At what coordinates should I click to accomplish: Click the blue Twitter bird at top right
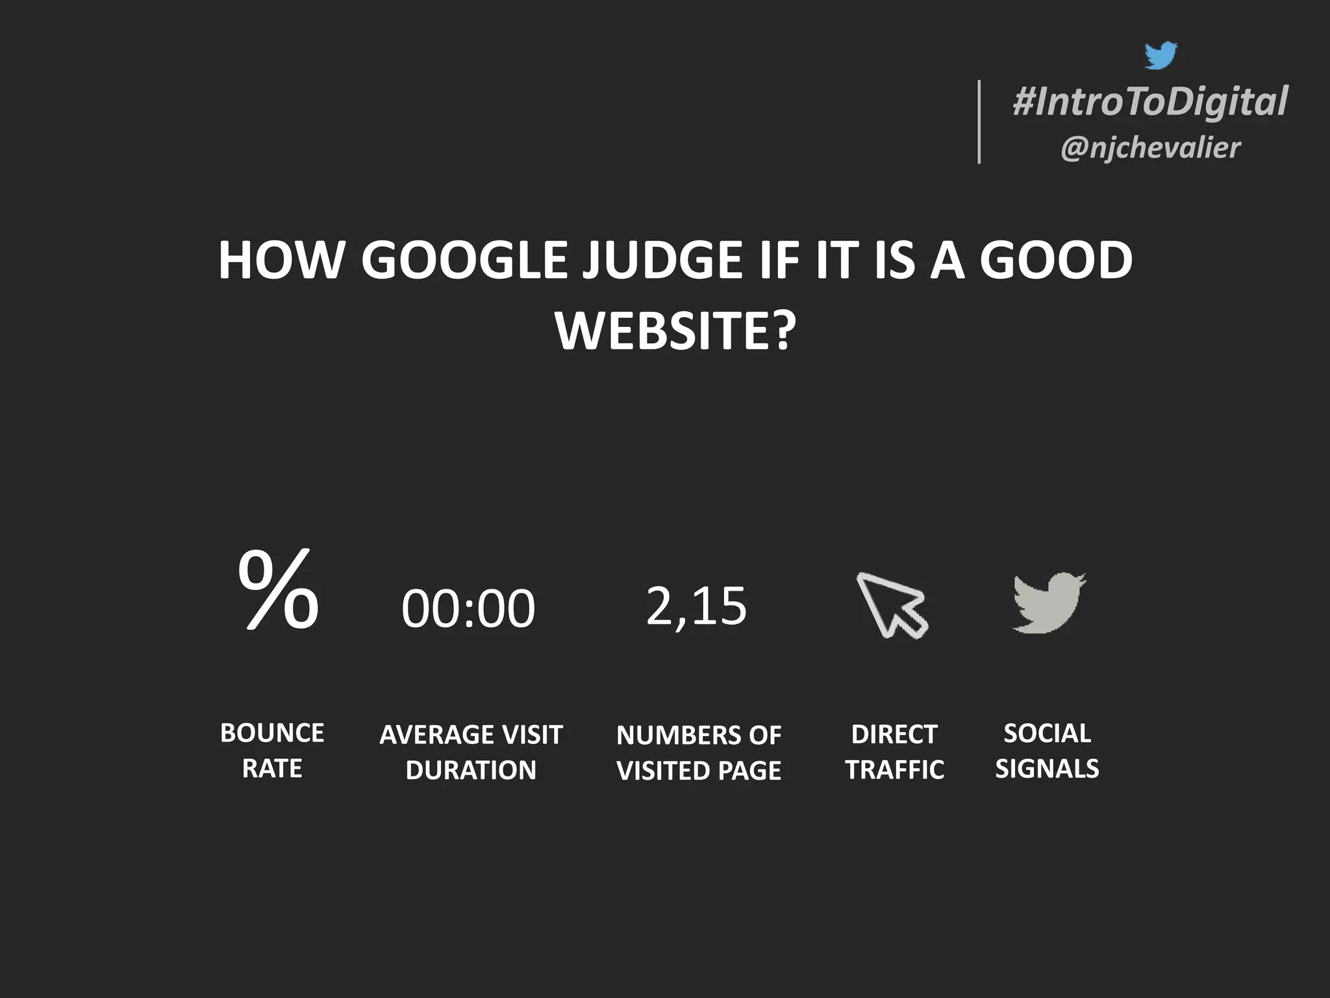click(1161, 55)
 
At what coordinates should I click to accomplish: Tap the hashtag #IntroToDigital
click(1150, 102)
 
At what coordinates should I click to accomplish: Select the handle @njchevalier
click(1150, 147)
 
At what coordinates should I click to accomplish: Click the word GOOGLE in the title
click(464, 261)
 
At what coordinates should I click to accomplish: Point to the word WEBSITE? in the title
click(675, 331)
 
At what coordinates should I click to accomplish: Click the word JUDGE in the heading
click(662, 261)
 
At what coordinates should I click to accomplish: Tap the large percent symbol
click(279, 589)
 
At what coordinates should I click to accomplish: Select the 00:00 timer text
click(468, 609)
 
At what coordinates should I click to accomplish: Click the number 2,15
click(696, 606)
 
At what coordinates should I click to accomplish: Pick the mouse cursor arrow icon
click(892, 605)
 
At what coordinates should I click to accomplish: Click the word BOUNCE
click(272, 733)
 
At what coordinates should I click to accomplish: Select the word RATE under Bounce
click(272, 769)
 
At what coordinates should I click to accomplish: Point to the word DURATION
click(471, 770)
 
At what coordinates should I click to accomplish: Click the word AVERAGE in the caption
click(435, 735)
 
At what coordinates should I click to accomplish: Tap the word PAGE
click(749, 771)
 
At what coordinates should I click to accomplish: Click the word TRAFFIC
click(894, 770)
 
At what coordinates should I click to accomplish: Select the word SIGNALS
click(1047, 769)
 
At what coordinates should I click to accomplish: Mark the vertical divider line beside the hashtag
click(979, 122)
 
